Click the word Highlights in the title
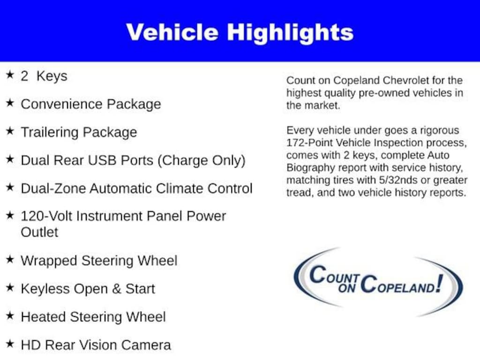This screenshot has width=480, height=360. pyautogui.click(x=290, y=33)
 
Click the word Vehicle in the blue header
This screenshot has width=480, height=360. pyautogui.click(x=172, y=32)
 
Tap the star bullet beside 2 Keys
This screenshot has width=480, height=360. pyautogui.click(x=10, y=75)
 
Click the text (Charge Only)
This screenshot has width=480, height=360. pyautogui.click(x=201, y=160)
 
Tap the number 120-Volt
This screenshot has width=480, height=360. pyautogui.click(x=46, y=216)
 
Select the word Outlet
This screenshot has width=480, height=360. pyautogui.click(x=39, y=232)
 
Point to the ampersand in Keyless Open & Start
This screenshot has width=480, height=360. pyautogui.click(x=116, y=289)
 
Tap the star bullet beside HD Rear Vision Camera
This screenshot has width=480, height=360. pyautogui.click(x=10, y=344)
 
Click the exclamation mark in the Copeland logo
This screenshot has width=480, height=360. pyautogui.click(x=439, y=283)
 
